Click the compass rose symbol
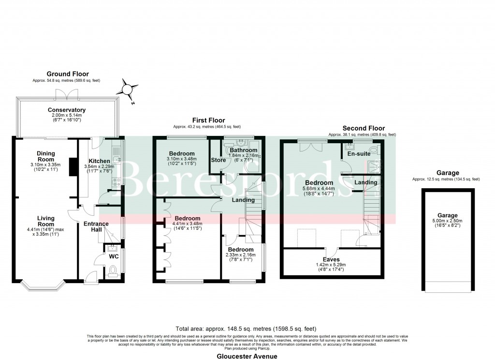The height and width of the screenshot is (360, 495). (127, 90)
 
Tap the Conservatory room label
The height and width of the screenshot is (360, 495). (67, 110)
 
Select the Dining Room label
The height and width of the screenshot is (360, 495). (46, 157)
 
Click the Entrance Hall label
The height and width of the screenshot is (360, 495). (96, 227)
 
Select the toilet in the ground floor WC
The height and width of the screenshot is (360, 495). (114, 270)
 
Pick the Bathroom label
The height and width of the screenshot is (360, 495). (243, 150)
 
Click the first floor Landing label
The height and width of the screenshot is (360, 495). (243, 200)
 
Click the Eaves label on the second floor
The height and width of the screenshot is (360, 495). (331, 259)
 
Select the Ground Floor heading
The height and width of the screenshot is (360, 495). (67, 74)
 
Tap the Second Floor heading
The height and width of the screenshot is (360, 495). (364, 128)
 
